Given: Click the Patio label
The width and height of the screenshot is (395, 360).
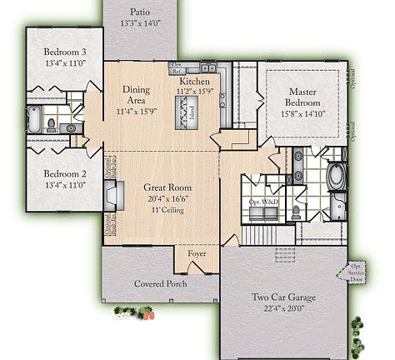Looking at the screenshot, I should click(140, 12).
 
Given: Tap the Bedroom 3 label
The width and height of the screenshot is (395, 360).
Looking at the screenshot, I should click(64, 52).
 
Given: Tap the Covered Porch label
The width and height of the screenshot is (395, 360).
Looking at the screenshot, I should click(160, 283).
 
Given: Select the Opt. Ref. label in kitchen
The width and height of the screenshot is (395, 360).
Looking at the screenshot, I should click(176, 67).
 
